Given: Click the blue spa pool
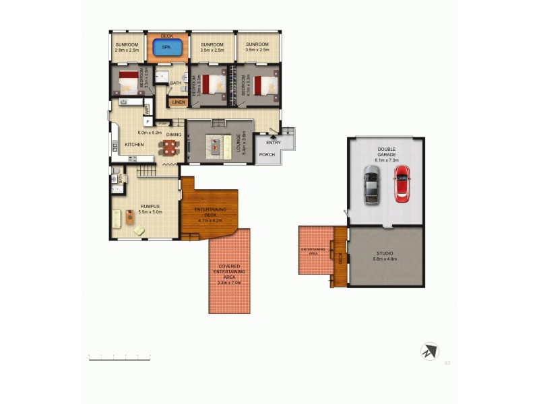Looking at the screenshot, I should (x=166, y=48).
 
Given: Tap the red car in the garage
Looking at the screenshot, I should (x=402, y=183).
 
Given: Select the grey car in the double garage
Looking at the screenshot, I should (x=371, y=186).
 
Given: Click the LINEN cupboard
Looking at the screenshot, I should (x=178, y=102).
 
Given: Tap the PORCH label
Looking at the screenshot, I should (x=267, y=154).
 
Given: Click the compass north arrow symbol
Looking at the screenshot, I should (x=429, y=351).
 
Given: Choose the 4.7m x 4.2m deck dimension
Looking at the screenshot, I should (x=212, y=220).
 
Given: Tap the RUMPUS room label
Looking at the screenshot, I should (x=150, y=206).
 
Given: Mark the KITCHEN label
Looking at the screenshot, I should (x=134, y=145).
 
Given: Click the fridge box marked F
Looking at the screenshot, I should (x=147, y=121).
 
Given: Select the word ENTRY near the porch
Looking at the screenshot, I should (x=274, y=142).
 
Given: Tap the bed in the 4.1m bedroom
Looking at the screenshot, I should (x=265, y=85).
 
